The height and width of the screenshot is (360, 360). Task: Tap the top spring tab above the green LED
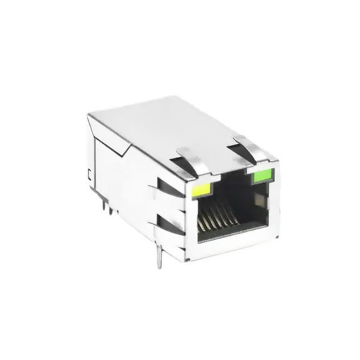246,145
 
